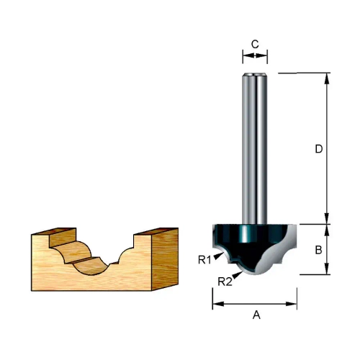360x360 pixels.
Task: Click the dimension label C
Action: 255,45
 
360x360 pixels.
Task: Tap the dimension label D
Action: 319,149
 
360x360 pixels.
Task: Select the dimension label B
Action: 318,250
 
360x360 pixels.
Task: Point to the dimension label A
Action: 256,315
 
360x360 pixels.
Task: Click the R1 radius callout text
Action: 204,260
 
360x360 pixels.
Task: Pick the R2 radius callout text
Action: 225,282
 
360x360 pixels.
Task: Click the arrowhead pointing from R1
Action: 218,256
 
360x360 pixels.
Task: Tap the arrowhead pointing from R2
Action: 238,275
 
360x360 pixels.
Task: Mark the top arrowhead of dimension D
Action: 326,78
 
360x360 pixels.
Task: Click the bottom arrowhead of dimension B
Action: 326,269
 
